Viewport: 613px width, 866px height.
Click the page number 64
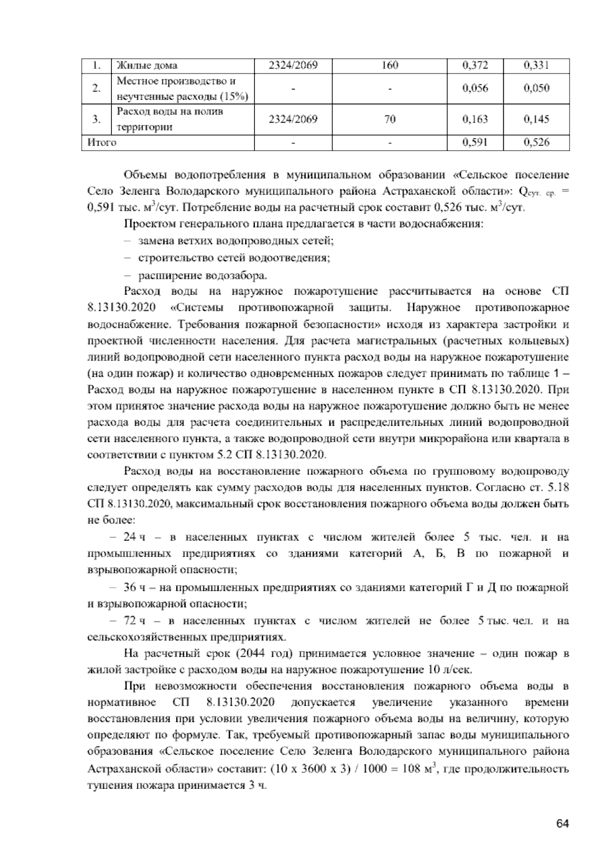click(x=562, y=823)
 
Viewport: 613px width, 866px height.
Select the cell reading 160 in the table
click(x=389, y=65)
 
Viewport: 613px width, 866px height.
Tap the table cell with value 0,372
click(x=475, y=65)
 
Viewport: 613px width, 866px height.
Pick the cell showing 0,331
click(x=536, y=65)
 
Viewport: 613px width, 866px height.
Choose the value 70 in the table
click(x=389, y=119)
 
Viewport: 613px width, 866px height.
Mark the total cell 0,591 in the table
click(x=475, y=142)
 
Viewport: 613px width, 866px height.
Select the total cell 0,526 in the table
click(x=536, y=142)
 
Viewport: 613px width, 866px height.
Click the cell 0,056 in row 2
click(x=475, y=88)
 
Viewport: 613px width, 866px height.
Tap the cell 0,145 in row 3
click(x=536, y=119)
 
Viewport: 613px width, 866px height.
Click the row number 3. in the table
click(x=96, y=119)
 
